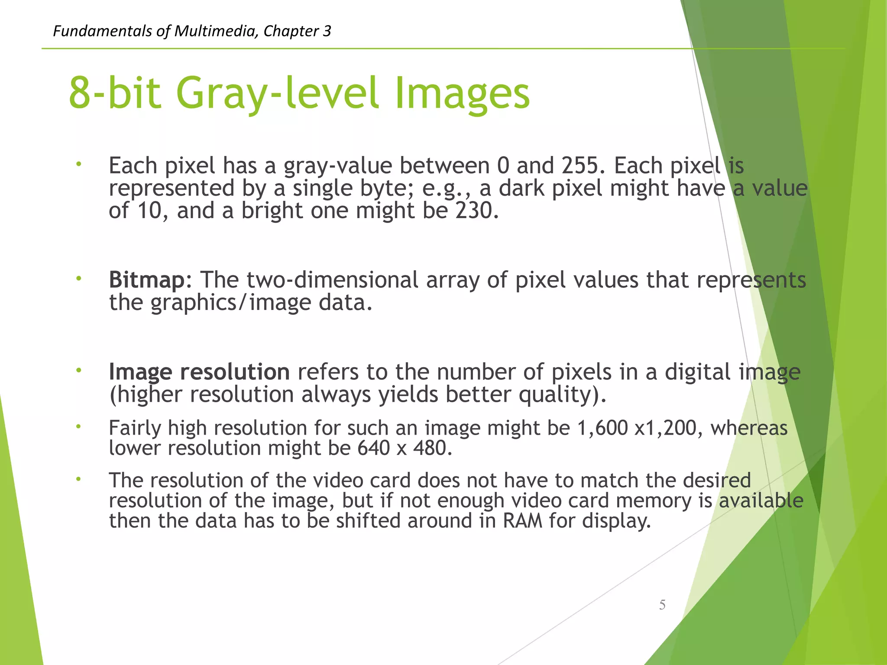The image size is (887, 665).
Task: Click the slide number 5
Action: pos(662,604)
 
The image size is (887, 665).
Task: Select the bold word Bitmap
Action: pos(147,280)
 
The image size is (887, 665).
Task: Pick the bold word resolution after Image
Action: pos(235,372)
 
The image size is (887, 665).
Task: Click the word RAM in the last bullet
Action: pos(523,520)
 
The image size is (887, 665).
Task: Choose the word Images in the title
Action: pos(462,93)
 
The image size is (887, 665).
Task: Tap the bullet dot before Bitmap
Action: pos(78,278)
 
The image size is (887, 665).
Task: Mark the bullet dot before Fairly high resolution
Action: pos(78,426)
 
